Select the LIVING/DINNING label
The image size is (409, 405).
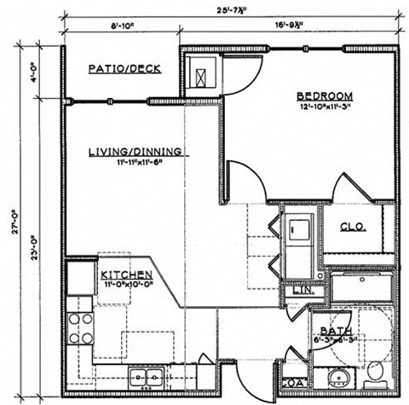[135, 152]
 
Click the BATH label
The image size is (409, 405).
[331, 332]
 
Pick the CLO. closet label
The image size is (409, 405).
[353, 227]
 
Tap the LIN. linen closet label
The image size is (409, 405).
[302, 290]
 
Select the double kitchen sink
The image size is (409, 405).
[147, 375]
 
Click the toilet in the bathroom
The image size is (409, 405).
[375, 373]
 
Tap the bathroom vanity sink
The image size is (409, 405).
[333, 378]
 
